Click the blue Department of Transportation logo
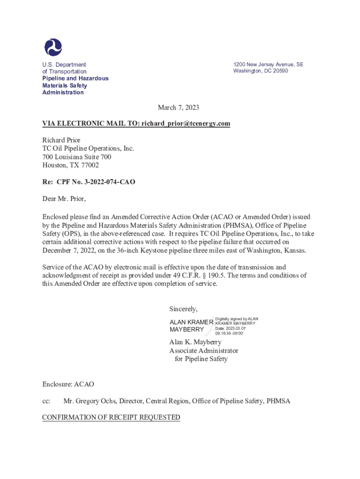tap(53, 47)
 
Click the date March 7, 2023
tap(178, 108)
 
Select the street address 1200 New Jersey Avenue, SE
tap(268, 65)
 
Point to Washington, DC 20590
tap(260, 71)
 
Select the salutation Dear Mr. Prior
tap(64, 199)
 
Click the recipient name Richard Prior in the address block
tap(61, 140)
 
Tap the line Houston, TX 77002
tap(71, 165)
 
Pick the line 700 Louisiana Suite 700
tap(77, 157)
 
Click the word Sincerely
tap(183, 309)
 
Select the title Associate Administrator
tap(203, 351)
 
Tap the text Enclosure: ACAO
tap(68, 385)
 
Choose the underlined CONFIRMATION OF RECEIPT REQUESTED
tap(111, 418)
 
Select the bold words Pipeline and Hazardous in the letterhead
tap(75, 79)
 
